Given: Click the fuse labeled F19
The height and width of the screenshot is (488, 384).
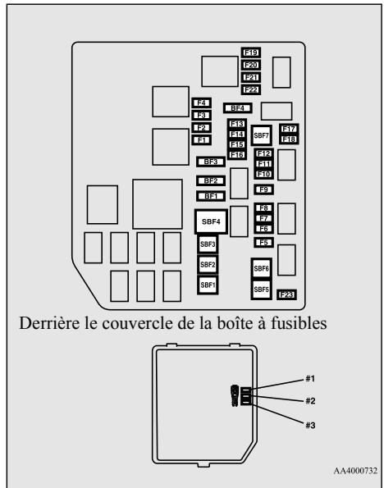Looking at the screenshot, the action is (x=251, y=52).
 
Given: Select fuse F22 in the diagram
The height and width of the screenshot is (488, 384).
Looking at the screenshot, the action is (x=251, y=89).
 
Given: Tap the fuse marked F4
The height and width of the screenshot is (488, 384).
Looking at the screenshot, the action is (x=202, y=103).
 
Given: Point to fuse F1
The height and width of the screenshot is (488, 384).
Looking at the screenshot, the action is (x=202, y=140).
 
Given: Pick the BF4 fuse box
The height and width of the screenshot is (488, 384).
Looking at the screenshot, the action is (x=238, y=108).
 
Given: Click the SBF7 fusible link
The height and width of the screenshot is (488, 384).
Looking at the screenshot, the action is (x=261, y=135).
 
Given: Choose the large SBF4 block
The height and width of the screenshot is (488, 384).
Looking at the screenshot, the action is (x=211, y=221).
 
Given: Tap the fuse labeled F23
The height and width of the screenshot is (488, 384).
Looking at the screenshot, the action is (x=286, y=294).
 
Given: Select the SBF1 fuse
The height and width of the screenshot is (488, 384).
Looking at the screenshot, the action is (x=208, y=285).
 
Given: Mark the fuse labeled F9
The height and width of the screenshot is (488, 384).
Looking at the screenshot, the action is (x=263, y=189).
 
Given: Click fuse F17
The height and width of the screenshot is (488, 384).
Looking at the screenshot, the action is (x=289, y=129).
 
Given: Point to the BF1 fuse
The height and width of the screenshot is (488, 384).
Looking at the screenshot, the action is (x=211, y=196).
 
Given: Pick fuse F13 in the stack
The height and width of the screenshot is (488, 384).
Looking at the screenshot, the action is (x=237, y=124).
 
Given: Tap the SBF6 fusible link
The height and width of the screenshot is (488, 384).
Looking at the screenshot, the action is (x=261, y=268).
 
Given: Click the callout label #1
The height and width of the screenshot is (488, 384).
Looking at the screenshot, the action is (x=310, y=379).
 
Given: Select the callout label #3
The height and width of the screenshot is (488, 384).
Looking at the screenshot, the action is (x=310, y=425).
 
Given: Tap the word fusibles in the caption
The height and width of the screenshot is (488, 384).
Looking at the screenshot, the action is (x=299, y=323).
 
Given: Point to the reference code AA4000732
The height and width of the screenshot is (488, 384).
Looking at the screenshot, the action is (x=355, y=471).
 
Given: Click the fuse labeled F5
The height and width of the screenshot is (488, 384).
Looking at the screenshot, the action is (x=263, y=243).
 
